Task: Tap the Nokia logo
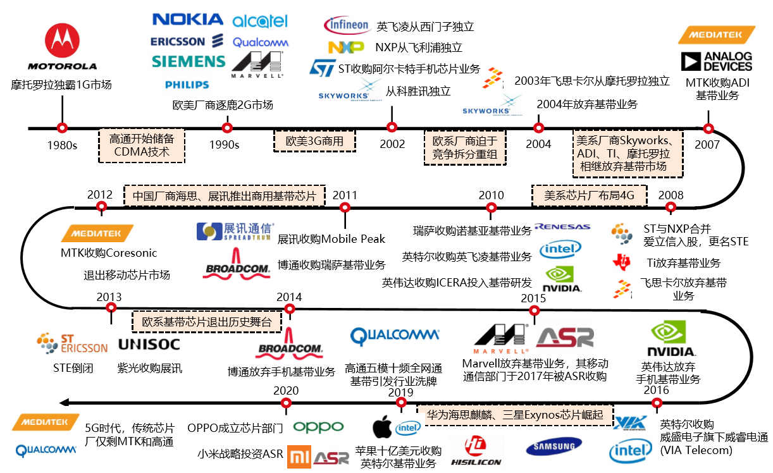[x=188, y=20]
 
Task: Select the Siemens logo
[x=189, y=61]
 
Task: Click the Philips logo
[x=187, y=85]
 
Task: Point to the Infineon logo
[x=347, y=25]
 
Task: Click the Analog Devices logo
[x=716, y=61]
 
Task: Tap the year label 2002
[x=392, y=144]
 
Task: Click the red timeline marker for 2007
[x=708, y=128]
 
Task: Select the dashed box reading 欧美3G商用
[x=314, y=141]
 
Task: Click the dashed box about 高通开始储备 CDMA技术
[x=142, y=145]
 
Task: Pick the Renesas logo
[x=562, y=226]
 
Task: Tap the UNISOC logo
[x=149, y=345]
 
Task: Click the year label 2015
[x=533, y=298]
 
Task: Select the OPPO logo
[x=318, y=427]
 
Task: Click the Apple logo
[x=381, y=427]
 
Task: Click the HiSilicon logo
[x=476, y=450]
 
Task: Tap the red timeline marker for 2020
[x=286, y=402]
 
